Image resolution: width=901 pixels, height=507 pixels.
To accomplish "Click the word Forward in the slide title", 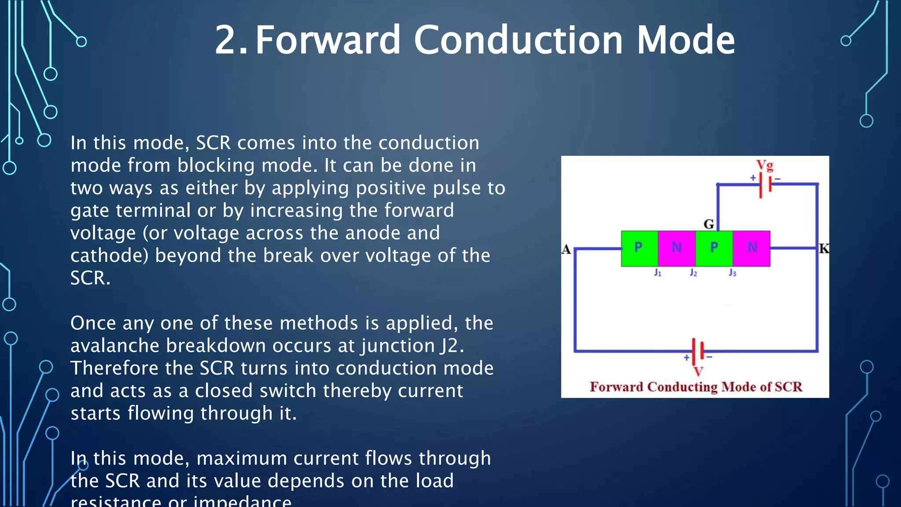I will point(328,40).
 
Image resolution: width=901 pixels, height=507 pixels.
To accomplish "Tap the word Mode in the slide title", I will point(686,40).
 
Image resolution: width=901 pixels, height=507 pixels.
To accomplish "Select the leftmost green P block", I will point(639,248).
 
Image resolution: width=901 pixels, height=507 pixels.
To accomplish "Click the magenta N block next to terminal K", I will point(752,248).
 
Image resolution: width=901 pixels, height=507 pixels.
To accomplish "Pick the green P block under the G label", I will point(714,248).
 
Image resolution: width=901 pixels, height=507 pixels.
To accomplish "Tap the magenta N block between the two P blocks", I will point(677,248).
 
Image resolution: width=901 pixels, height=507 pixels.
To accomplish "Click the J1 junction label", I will point(658,273).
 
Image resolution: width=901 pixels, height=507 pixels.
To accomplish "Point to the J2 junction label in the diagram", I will point(693,273).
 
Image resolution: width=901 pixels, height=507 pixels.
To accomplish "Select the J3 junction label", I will point(732,273).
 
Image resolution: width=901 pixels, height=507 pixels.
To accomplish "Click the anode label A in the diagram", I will point(566,250).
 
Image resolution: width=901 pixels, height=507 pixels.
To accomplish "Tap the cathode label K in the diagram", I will point(824,249).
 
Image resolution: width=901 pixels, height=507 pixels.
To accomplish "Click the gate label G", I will point(708,224).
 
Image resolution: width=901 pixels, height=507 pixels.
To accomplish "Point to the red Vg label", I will point(765,165).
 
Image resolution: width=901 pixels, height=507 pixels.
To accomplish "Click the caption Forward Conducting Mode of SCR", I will point(696,387).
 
